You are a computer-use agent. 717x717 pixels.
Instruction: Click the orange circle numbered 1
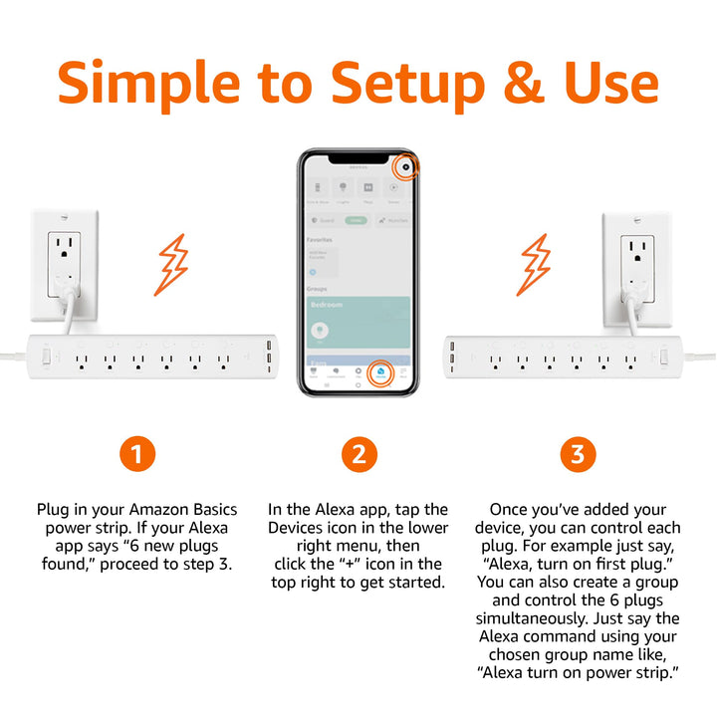[x=137, y=455]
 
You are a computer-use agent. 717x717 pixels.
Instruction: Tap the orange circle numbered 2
[x=358, y=455]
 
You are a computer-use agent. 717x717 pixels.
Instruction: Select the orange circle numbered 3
[x=578, y=455]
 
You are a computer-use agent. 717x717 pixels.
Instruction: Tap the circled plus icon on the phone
[x=406, y=166]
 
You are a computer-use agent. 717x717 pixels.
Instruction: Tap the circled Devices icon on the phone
[x=379, y=373]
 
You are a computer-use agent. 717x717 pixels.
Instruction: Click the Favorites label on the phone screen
[x=320, y=240]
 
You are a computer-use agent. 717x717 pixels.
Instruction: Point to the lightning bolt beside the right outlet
[x=536, y=266]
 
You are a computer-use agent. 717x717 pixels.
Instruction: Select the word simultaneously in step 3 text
[x=577, y=618]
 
